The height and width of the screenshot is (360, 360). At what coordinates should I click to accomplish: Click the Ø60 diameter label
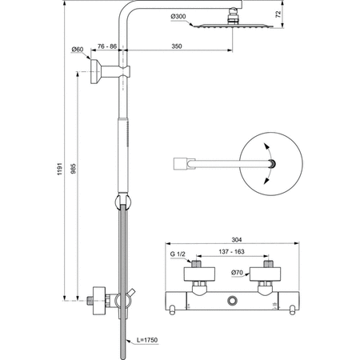click(78, 50)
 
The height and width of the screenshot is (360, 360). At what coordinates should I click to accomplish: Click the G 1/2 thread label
click(178, 256)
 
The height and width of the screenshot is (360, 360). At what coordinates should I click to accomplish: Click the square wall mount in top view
click(182, 164)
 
